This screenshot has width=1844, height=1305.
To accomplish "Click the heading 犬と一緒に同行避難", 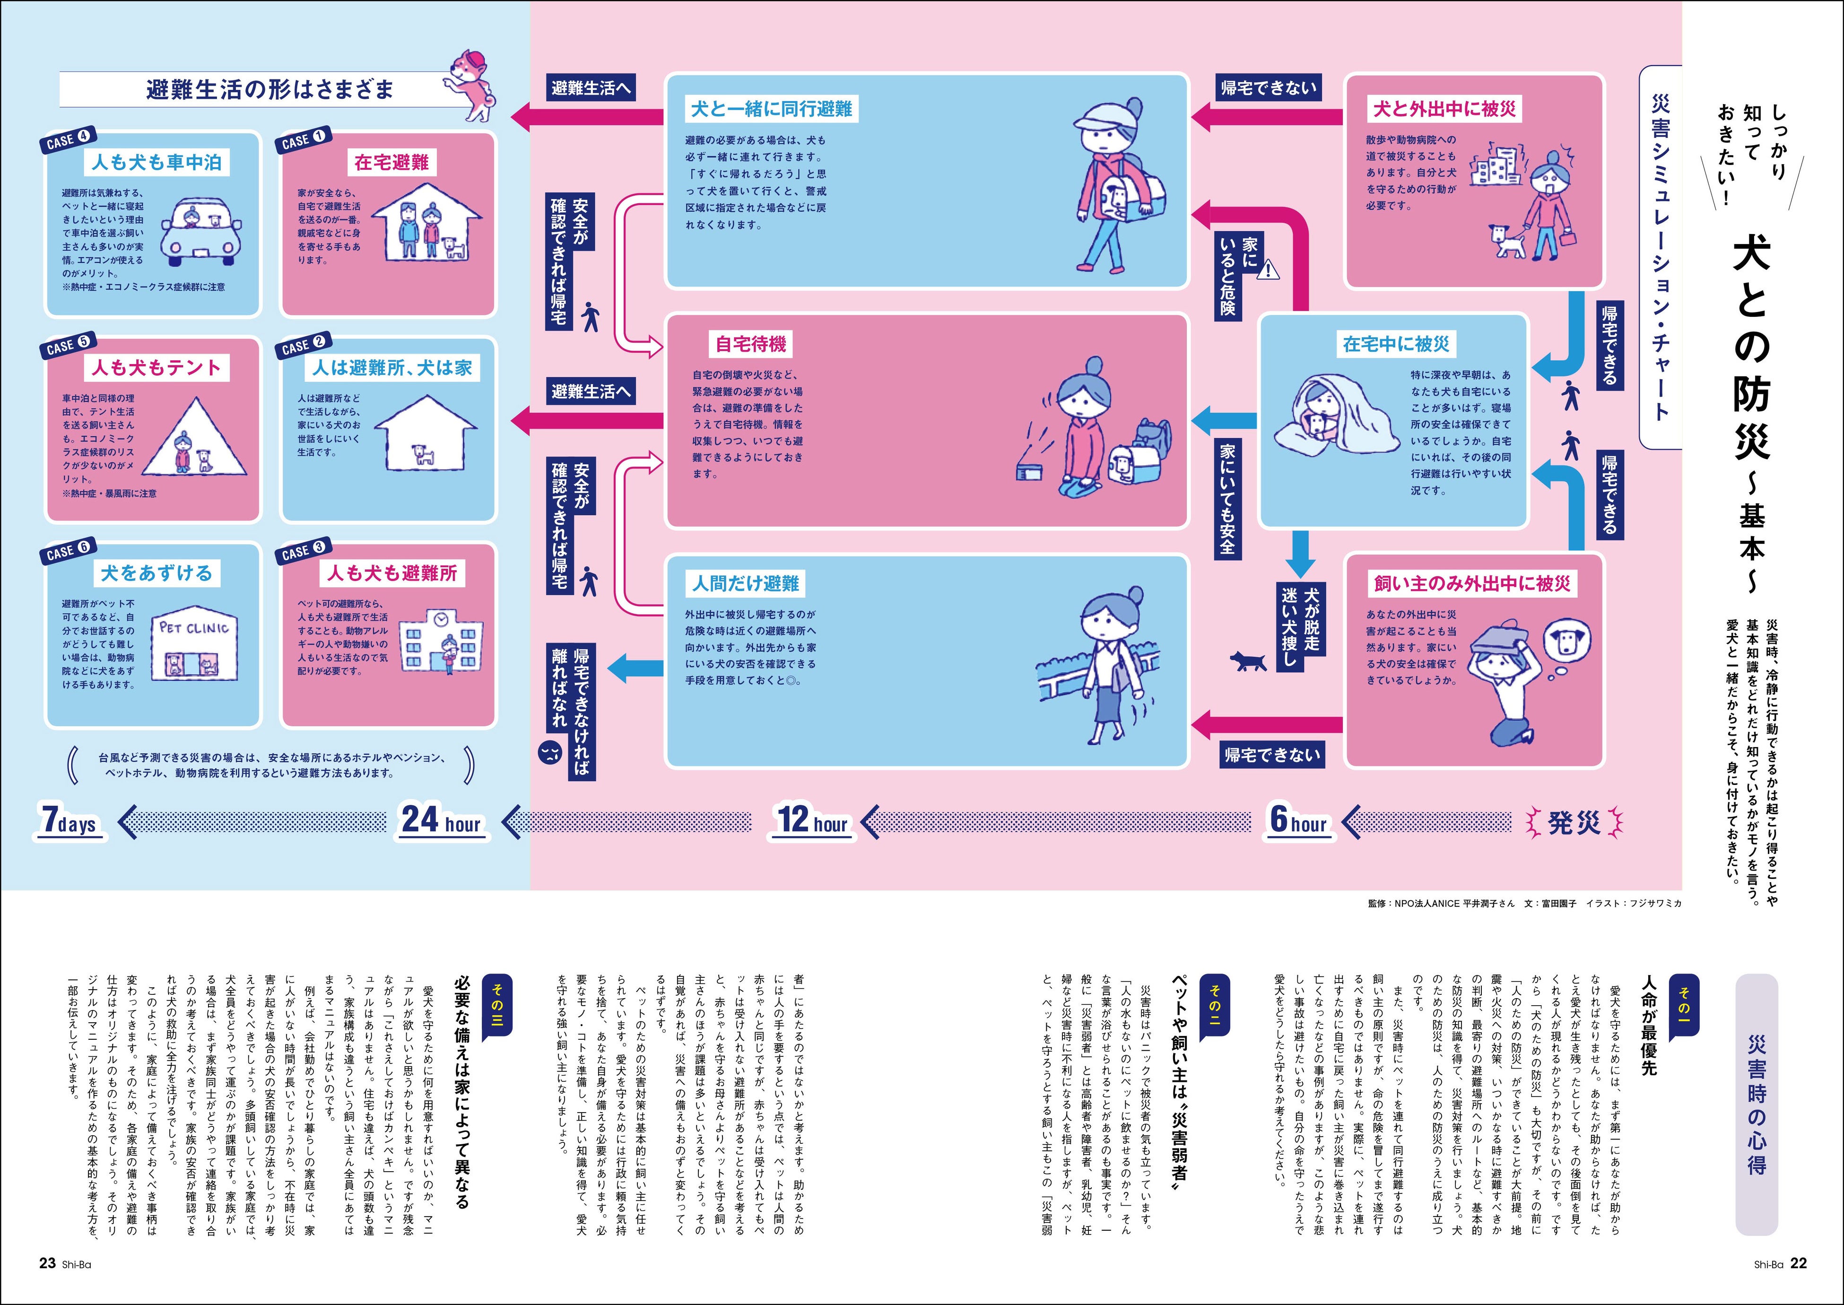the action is click(x=771, y=108).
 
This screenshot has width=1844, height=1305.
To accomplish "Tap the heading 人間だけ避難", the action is click(x=746, y=583).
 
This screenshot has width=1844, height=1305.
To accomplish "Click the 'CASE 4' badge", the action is click(x=68, y=140).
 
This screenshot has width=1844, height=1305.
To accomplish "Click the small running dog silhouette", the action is click(x=1248, y=661).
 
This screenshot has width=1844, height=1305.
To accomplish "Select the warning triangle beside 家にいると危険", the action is click(x=1269, y=269).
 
